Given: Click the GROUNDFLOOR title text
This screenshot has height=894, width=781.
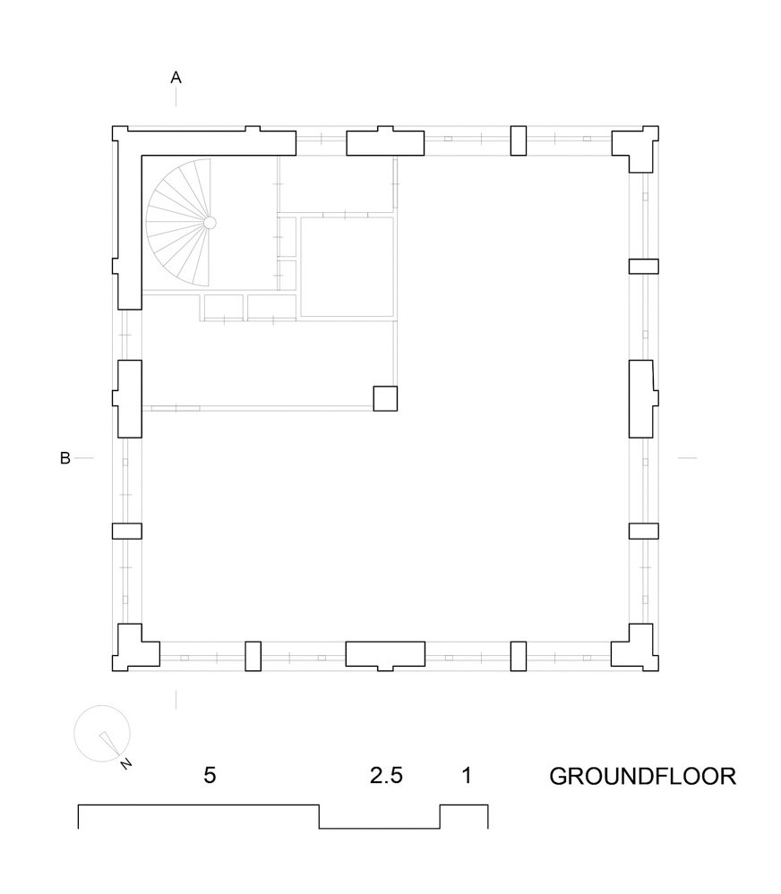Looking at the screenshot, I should (x=642, y=775).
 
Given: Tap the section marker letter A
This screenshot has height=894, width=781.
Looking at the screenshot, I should (x=176, y=79).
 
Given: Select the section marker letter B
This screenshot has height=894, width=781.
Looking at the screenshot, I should (x=64, y=458).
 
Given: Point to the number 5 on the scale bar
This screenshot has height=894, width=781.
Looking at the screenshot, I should (x=210, y=775).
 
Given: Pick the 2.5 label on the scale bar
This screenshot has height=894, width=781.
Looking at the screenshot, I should (x=386, y=775).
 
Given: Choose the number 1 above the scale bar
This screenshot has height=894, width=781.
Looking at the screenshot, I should (x=466, y=775).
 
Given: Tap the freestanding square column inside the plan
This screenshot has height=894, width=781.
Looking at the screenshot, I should (x=385, y=397).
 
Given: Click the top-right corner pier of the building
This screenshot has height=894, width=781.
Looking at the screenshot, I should (x=638, y=149).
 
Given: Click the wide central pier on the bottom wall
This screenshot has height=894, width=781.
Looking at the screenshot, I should (x=385, y=655).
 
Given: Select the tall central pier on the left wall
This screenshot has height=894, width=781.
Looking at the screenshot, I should (x=127, y=398).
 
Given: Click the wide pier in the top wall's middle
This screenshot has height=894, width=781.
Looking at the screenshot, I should (x=385, y=142).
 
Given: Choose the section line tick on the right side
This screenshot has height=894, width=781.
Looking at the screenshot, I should (x=687, y=458).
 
